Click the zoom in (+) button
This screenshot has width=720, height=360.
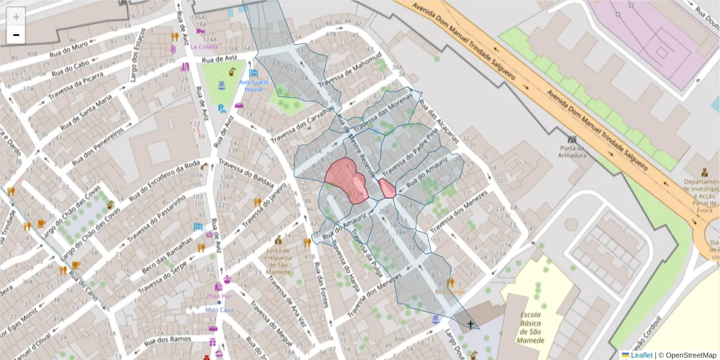coord(16,17)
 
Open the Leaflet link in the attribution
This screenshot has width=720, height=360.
coord(641,355)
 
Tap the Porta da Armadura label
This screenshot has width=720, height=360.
coord(572,152)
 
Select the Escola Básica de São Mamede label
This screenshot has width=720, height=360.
coord(532,328)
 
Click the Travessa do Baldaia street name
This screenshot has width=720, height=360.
coord(246,173)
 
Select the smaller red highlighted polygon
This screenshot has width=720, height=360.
coord(387,188)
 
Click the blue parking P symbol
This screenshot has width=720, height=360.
coord(222,109)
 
